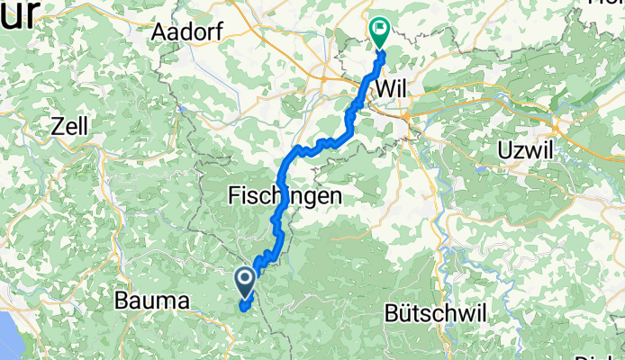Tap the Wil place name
[397, 89]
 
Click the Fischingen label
[285, 194]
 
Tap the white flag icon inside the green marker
[379, 29]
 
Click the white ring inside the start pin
[245, 278]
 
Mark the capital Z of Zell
[56, 126]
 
